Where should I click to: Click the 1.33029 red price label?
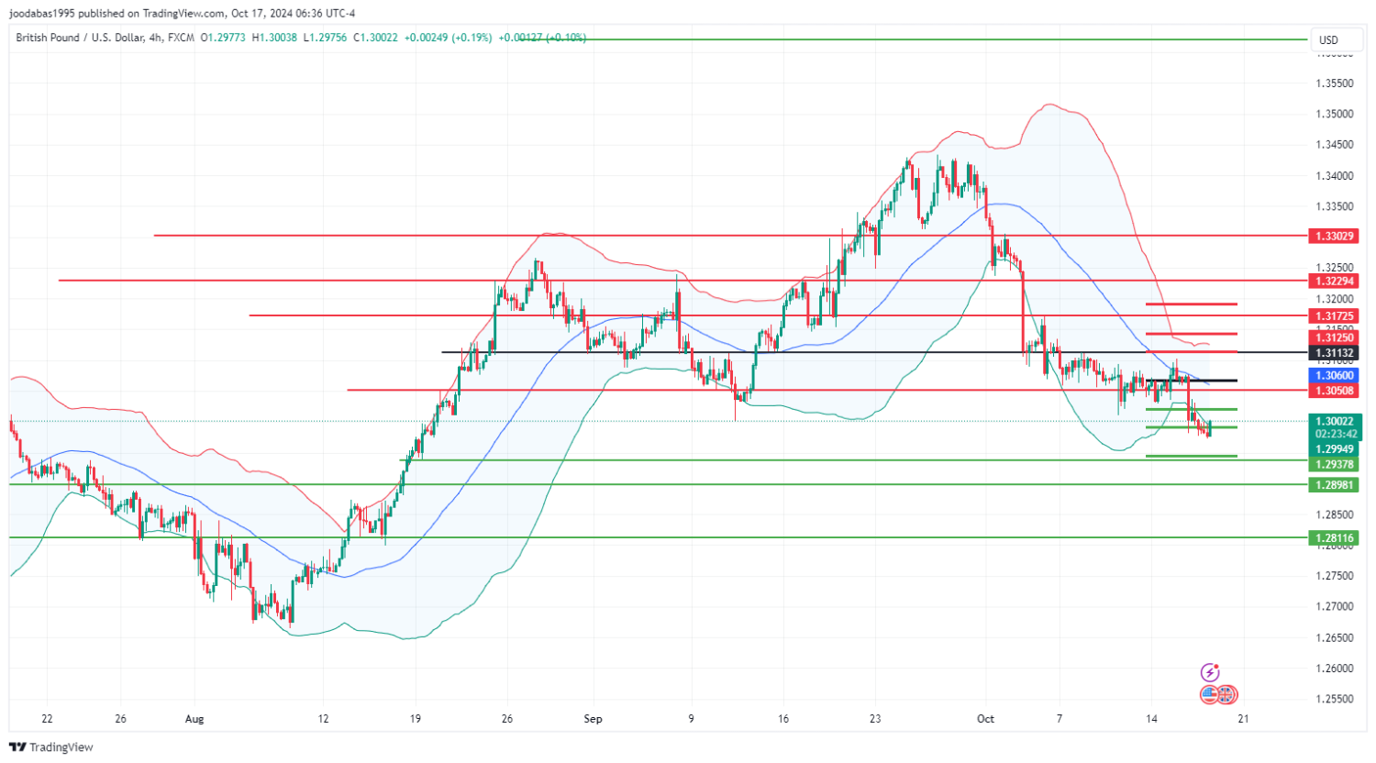pyautogui.click(x=1334, y=237)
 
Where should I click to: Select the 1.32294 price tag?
pyautogui.click(x=1334, y=281)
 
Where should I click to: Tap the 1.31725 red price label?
pyautogui.click(x=1334, y=315)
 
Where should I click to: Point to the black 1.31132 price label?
pyautogui.click(x=1334, y=353)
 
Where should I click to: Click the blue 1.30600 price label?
pyautogui.click(x=1334, y=375)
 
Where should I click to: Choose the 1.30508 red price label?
pyautogui.click(x=1334, y=391)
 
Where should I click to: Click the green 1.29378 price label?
pyautogui.click(x=1334, y=465)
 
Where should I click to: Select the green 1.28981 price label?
pyautogui.click(x=1334, y=484)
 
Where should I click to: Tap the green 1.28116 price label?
pyautogui.click(x=1334, y=538)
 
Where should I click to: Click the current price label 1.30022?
pyautogui.click(x=1334, y=421)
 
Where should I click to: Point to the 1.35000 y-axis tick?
pyautogui.click(x=1335, y=114)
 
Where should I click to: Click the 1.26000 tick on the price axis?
pyautogui.click(x=1335, y=668)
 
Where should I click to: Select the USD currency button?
pyautogui.click(x=1328, y=39)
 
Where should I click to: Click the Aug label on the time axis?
pyautogui.click(x=194, y=719)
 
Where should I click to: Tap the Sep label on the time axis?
pyautogui.click(x=594, y=719)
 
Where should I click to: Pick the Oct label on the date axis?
pyautogui.click(x=985, y=719)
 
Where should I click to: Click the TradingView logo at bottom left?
pyautogui.click(x=51, y=747)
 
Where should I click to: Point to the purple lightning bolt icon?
pyautogui.click(x=1210, y=672)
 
